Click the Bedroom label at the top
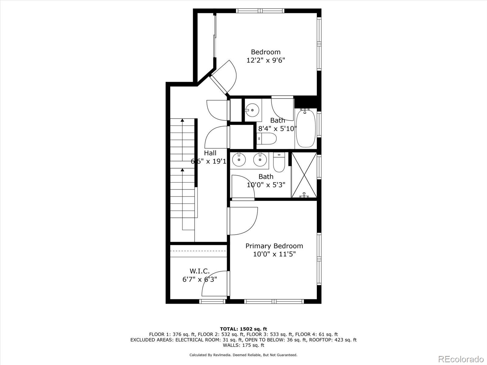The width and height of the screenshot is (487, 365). click(x=265, y=52)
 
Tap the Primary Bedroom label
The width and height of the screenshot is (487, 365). click(x=274, y=246)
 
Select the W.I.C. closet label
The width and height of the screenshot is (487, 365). click(x=199, y=271)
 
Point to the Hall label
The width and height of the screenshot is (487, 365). click(x=210, y=153)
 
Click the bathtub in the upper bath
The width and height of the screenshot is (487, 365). click(x=306, y=129)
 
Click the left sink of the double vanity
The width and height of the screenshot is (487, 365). click(x=239, y=159)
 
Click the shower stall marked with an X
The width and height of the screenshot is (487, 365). click(x=304, y=175)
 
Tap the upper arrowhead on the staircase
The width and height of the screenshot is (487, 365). click(x=182, y=120)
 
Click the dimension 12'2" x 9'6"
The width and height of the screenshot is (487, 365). click(x=265, y=60)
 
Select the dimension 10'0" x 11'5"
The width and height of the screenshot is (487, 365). click(x=274, y=254)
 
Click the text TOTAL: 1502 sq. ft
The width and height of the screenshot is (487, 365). click(x=243, y=329)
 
